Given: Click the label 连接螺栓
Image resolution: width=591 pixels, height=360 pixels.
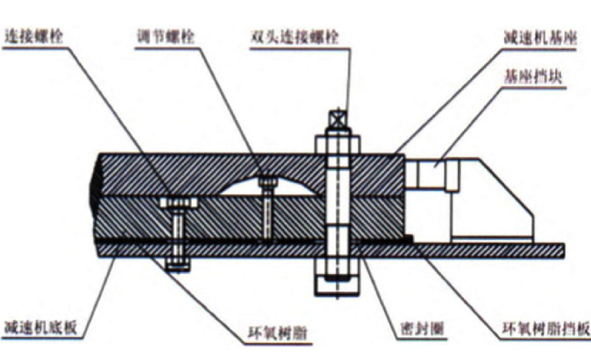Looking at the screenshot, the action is pos(33,37).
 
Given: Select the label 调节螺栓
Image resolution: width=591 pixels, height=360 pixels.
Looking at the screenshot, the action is pos(166,37).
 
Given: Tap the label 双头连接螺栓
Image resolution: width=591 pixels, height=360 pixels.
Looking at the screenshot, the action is pos(295,37).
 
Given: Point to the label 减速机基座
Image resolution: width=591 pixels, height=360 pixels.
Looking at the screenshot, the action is pos(540,38).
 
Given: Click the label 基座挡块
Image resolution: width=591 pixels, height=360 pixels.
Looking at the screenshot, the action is pos(533,76).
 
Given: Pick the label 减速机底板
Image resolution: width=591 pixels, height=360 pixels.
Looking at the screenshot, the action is pos(41,327).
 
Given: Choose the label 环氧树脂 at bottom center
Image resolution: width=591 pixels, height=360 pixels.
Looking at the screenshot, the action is pos(278,333).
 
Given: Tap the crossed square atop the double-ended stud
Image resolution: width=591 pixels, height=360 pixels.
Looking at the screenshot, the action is pos(338,119).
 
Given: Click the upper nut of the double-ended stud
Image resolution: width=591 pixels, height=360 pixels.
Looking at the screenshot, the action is pos(338,145).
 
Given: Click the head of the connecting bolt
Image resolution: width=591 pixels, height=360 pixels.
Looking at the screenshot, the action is pos(179,203).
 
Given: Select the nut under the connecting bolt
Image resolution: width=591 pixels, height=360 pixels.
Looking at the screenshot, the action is pos(178,264).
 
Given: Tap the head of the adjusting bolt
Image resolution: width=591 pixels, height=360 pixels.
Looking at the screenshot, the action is pos(268,182).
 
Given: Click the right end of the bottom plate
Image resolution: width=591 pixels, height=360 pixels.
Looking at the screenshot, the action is pos(564,251).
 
